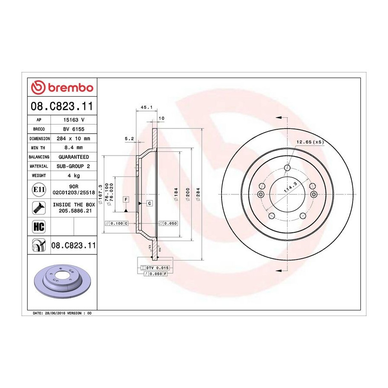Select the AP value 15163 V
74,120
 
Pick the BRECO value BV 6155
74,129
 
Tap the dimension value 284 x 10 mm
73,138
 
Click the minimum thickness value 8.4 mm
73,148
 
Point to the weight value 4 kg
74,176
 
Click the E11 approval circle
39,190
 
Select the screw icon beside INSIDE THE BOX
39,208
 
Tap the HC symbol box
39,227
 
